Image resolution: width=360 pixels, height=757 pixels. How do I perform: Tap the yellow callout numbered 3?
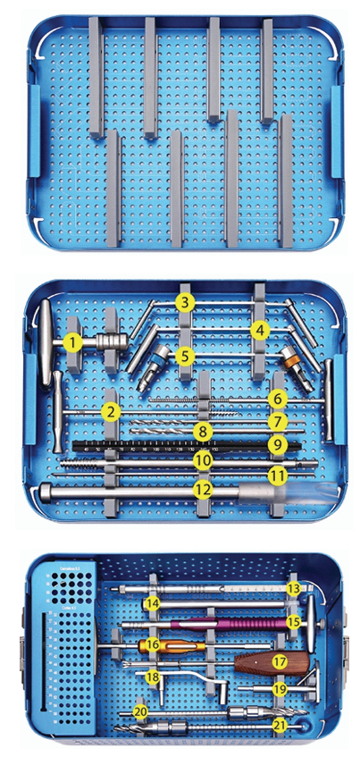coord(185,302)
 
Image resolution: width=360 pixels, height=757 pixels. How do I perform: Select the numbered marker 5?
coord(185,356)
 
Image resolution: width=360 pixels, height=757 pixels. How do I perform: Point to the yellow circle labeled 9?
coord(277,442)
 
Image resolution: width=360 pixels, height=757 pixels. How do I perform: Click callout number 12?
coord(204,489)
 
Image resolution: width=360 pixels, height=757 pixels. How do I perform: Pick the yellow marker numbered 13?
coord(294,588)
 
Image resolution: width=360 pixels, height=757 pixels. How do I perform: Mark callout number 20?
coord(139,711)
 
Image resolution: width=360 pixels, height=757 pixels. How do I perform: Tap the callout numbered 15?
coord(294,619)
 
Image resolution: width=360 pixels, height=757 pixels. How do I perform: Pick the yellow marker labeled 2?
coord(111,412)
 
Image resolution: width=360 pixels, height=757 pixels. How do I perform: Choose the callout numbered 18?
coord(153,677)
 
